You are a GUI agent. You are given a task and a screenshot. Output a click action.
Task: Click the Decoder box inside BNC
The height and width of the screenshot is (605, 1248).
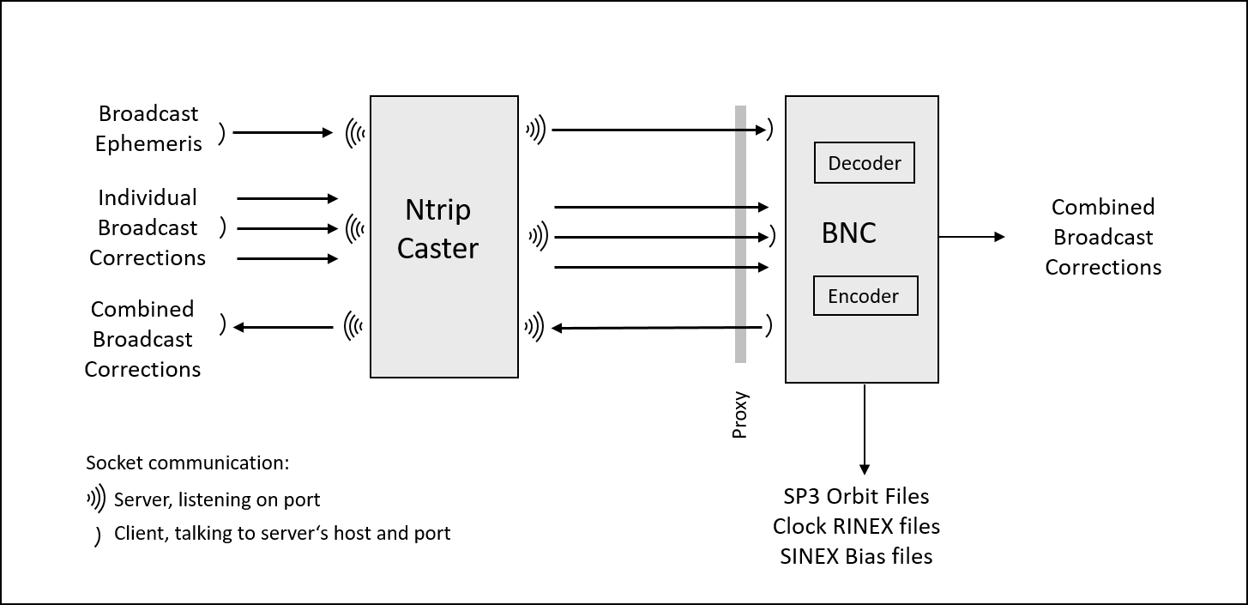(864, 163)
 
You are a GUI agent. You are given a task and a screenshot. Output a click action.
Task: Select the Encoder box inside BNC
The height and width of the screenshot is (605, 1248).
(865, 296)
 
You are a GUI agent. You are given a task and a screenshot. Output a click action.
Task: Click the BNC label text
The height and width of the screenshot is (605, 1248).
(848, 233)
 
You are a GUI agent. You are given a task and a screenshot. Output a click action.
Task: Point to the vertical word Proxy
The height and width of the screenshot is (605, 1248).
(739, 415)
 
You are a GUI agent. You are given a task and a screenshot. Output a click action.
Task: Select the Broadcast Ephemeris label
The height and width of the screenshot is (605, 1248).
(148, 129)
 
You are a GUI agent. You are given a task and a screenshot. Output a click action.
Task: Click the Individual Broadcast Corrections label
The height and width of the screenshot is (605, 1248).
(148, 227)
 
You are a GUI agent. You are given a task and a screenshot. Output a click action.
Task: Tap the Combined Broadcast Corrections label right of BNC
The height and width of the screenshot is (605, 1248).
(1103, 237)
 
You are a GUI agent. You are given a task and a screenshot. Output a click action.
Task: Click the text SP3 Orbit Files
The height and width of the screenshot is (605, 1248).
(856, 496)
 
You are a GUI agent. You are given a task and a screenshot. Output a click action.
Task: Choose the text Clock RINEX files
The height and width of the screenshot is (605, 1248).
(856, 525)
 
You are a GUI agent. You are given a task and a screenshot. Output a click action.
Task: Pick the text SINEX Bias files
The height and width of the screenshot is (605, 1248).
(856, 556)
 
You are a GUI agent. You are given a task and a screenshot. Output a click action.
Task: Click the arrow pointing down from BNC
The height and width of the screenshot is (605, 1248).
(865, 429)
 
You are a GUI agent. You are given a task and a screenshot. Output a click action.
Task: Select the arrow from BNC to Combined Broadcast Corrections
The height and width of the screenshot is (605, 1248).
(971, 236)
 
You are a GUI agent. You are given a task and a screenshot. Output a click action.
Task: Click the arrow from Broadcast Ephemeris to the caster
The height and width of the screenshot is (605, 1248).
(282, 133)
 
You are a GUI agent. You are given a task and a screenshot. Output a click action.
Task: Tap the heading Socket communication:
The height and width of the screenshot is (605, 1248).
(188, 463)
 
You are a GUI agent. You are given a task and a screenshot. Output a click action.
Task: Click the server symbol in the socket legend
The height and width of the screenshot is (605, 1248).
(97, 499)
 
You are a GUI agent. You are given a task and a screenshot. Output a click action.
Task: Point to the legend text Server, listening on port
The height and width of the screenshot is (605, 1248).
(217, 499)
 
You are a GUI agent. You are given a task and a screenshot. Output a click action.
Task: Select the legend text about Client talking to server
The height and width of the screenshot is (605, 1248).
(282, 533)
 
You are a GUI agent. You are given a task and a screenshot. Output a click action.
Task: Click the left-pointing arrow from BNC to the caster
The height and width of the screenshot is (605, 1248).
(656, 327)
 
